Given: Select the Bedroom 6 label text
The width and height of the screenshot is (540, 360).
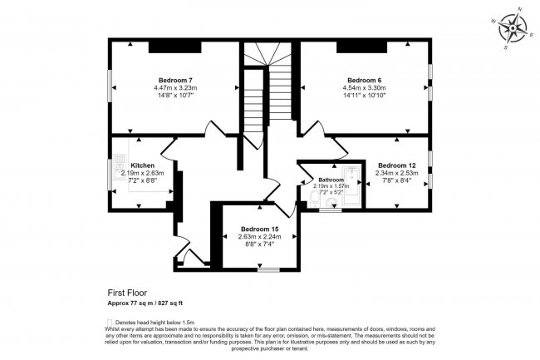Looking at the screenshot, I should pos(363,80).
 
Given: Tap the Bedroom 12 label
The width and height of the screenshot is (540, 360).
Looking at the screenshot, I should pos(396,165).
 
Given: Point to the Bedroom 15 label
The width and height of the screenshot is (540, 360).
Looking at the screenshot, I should pos(259,229).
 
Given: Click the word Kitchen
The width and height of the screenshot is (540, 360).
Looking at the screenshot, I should pos(143,165).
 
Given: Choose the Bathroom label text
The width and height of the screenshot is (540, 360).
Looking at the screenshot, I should pos(330,180).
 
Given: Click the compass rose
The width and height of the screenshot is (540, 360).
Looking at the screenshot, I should pos(515,29).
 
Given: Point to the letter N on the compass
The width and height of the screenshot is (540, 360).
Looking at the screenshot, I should pos(521,9).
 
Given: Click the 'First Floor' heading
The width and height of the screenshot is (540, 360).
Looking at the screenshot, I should pos(125,293).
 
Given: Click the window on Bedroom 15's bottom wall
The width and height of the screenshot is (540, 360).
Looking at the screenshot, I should pos(268,270).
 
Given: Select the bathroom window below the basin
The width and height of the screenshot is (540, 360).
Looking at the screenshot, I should pos(330,210).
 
